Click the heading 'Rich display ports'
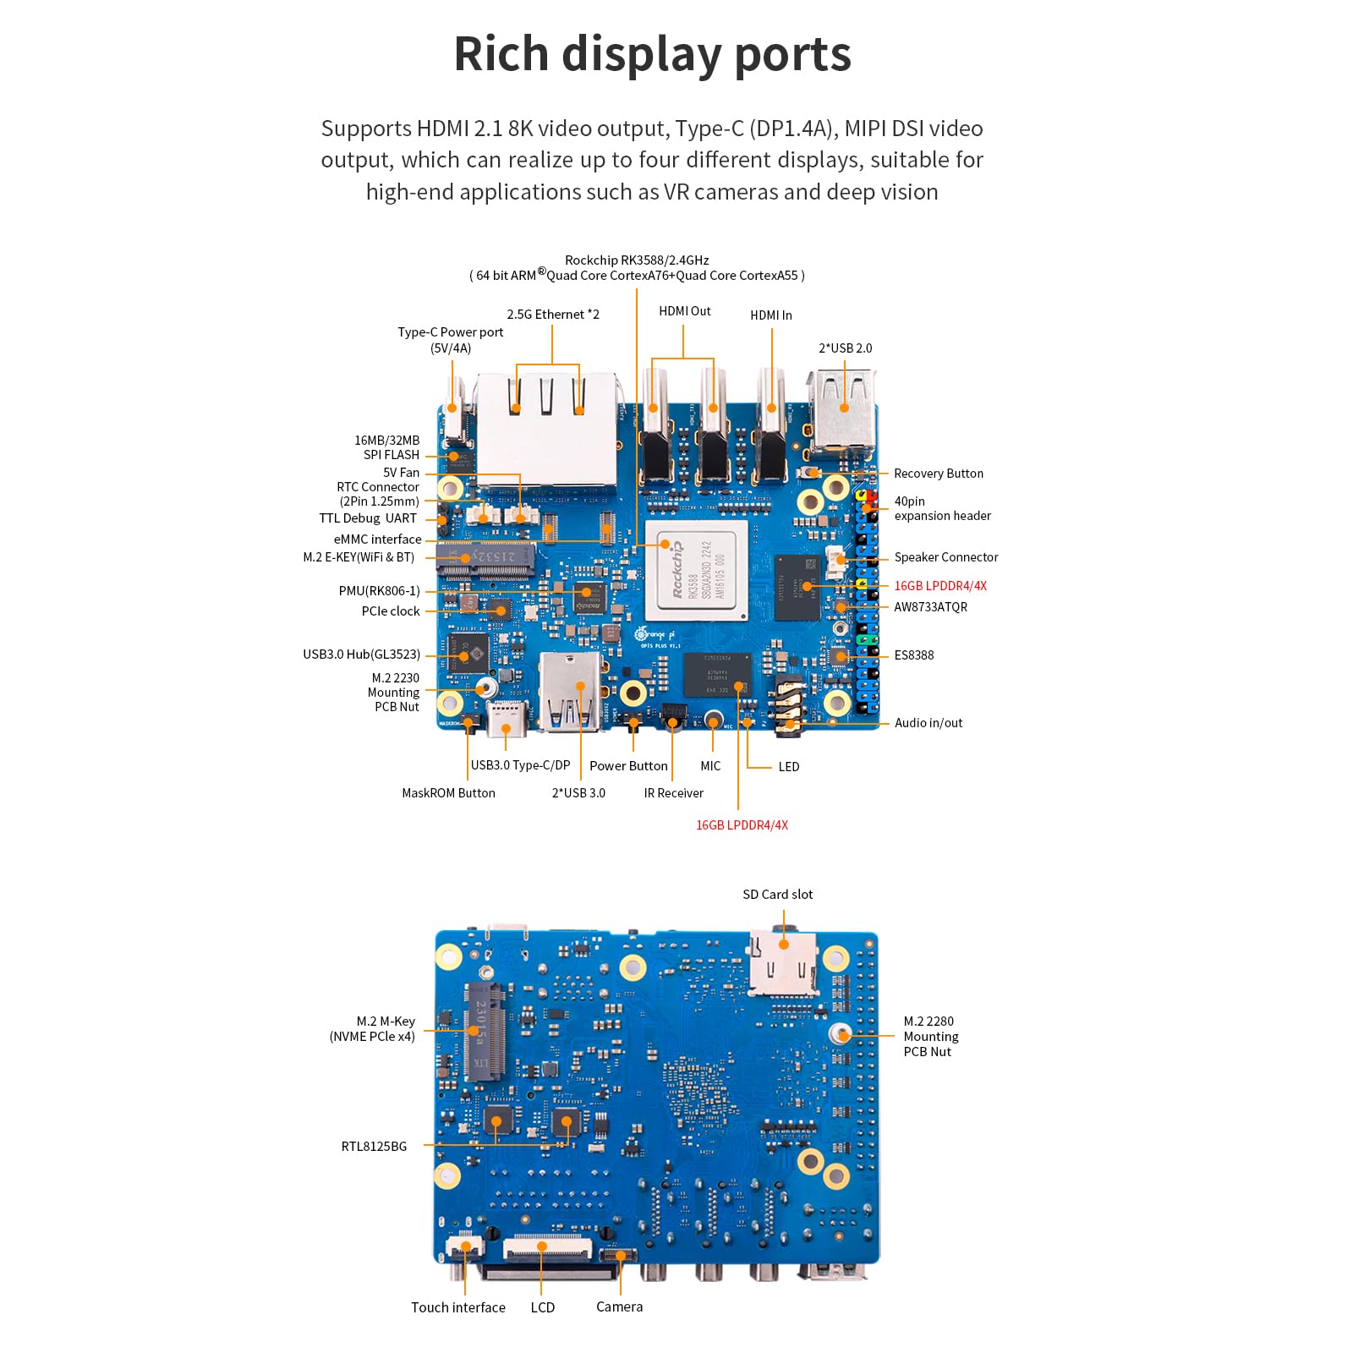pos(652,54)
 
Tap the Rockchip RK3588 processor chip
pos(697,571)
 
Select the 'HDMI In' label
pos(770,315)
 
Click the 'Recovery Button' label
pos(938,474)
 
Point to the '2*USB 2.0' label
pos(845,348)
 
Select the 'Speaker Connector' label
pos(945,557)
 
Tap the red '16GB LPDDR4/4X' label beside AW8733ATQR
pos(939,586)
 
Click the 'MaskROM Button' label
pos(448,793)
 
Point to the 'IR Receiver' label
pos(673,793)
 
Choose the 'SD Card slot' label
pos(777,895)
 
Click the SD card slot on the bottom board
pos(783,962)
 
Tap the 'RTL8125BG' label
pos(374,1147)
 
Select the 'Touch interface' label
pos(457,1307)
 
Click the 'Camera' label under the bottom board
pos(619,1306)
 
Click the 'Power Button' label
pos(628,766)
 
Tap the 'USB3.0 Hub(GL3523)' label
pos(361,655)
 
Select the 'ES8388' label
pos(913,655)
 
